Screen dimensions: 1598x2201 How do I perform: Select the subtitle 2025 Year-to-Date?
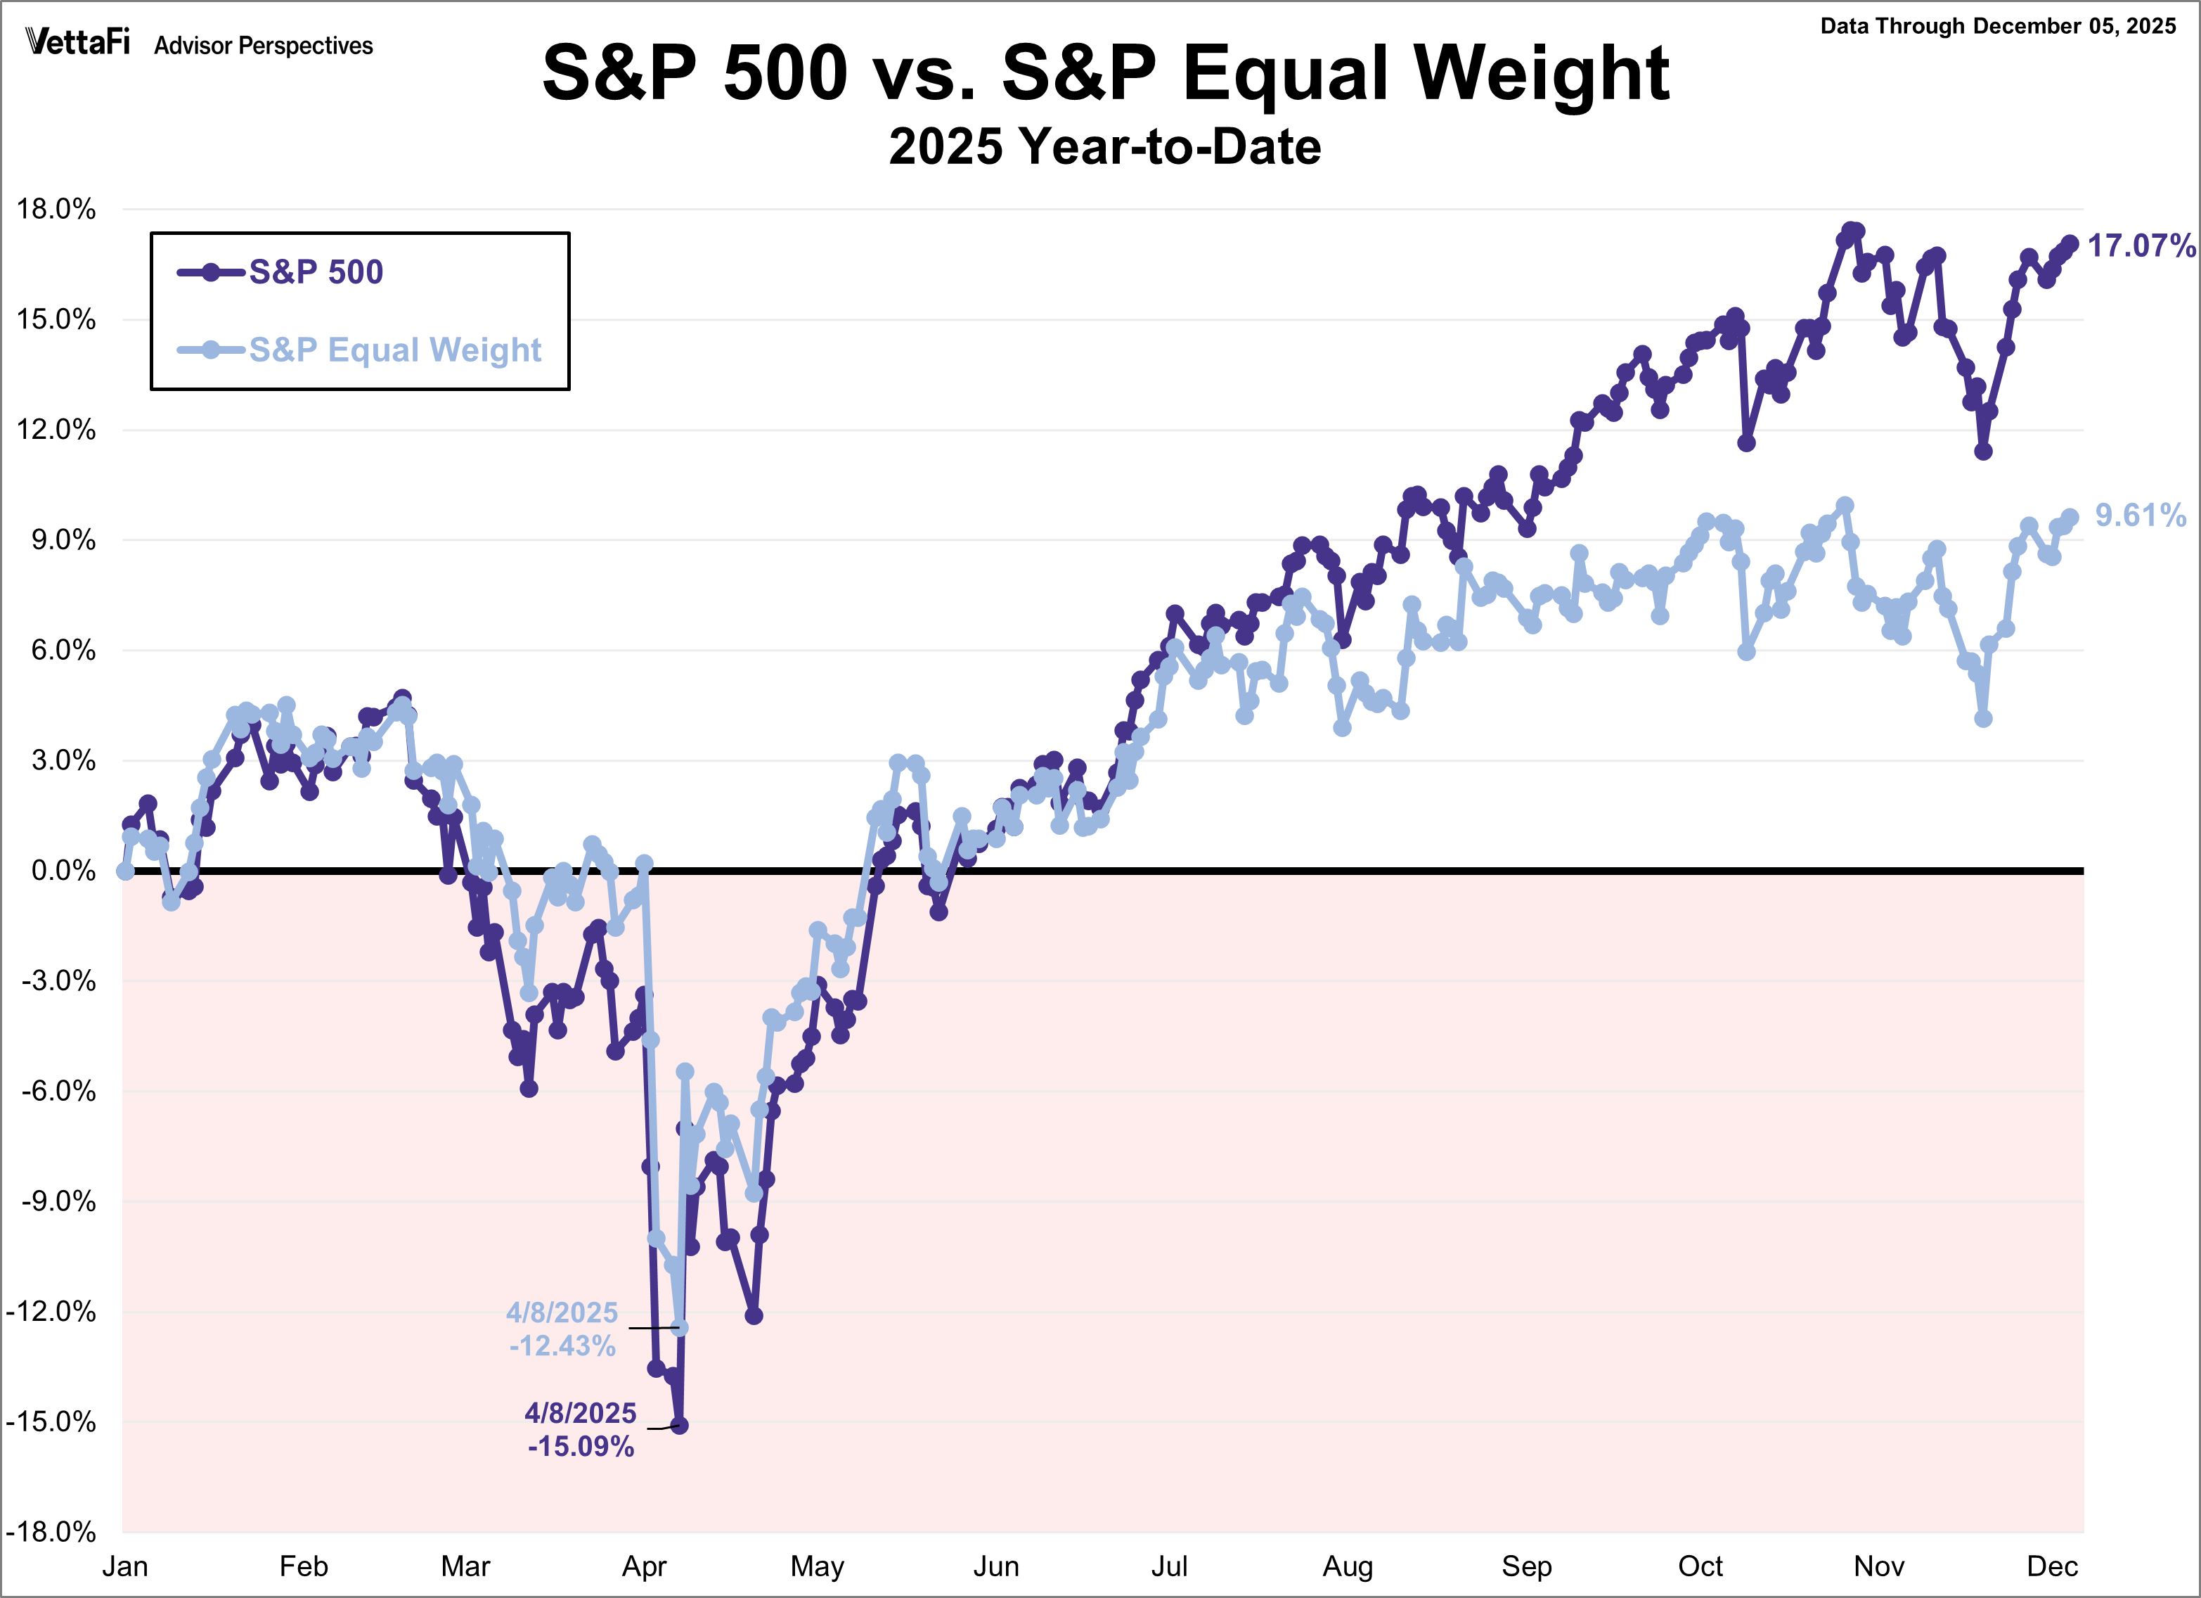pos(1104,146)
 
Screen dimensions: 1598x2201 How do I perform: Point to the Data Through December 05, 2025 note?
pos(1997,26)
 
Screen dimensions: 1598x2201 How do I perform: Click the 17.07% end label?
pos(2141,245)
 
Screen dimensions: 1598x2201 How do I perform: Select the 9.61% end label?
pos(2140,515)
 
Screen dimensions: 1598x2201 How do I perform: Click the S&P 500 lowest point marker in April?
pos(679,1425)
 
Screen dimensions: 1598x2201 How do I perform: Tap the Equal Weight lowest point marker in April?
pos(679,1327)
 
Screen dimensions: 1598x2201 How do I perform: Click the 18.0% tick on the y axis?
pos(56,209)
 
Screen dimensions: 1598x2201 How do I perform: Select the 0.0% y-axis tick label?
pos(63,870)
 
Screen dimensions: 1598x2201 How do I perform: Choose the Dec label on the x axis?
pos(2051,1566)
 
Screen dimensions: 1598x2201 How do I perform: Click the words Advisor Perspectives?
pos(263,46)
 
